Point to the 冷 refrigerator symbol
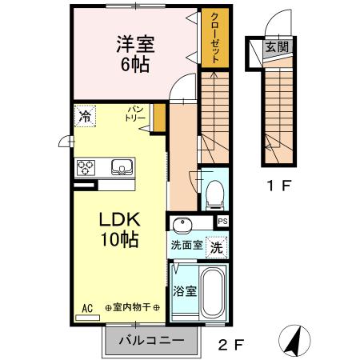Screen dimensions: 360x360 pos(85,116)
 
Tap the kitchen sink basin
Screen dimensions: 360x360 pos(122,167)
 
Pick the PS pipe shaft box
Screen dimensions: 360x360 pos(222,222)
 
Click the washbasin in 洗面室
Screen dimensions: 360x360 pos(182,223)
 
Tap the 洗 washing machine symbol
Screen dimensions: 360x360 pos(216,247)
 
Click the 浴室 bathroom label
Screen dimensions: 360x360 pos(185,290)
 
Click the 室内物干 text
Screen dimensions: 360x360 pos(132,308)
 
